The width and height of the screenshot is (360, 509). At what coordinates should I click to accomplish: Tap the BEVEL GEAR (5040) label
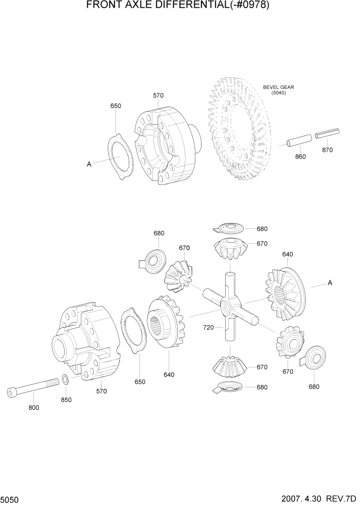coord(278,90)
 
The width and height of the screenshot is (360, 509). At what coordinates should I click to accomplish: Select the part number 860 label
coord(301,156)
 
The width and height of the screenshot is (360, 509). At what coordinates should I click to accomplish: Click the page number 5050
coord(10,499)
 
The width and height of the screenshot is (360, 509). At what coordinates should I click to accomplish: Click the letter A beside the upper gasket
coord(89,164)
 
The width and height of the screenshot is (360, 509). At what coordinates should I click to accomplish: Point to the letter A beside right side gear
coord(330,282)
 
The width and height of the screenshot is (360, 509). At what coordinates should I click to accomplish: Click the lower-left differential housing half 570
coord(85,341)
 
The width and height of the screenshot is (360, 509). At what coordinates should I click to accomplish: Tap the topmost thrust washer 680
coord(229,228)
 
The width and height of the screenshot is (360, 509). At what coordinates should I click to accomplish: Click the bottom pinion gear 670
coord(229,364)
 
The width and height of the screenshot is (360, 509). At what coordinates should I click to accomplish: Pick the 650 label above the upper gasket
coord(116,106)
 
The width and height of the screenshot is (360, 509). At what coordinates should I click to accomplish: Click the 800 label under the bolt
coord(34,408)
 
